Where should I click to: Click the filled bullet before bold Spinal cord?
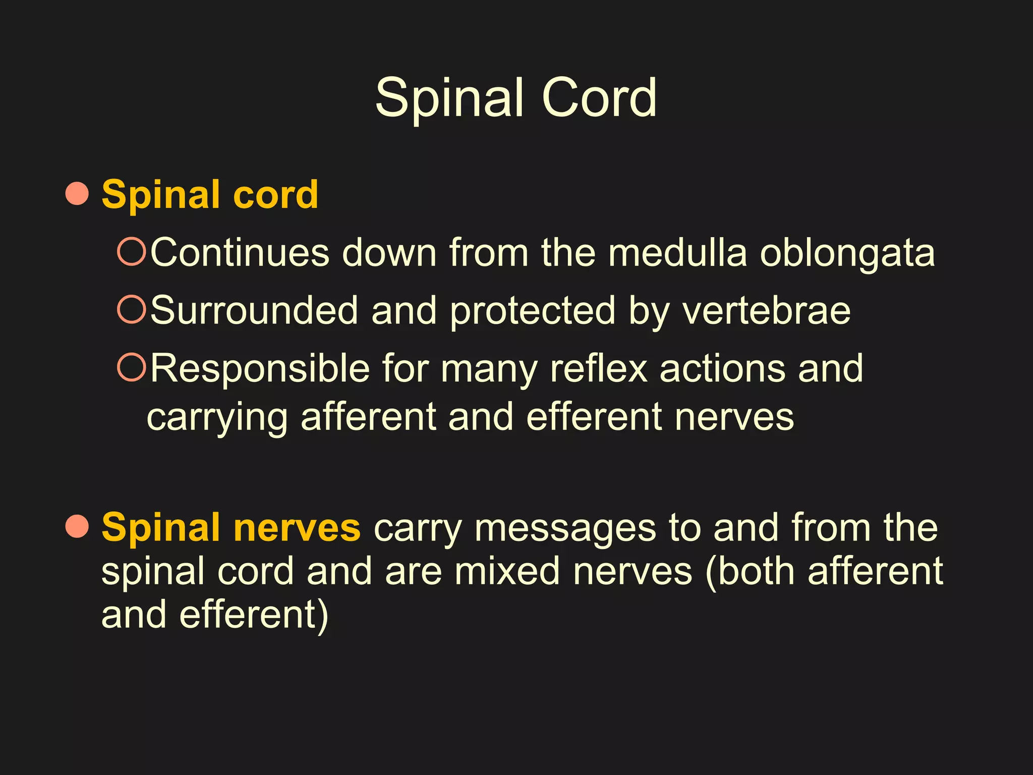point(77,194)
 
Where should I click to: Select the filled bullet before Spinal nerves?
point(77,526)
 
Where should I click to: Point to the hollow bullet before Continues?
point(131,251)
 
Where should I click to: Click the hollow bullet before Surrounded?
point(131,309)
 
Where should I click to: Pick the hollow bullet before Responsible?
point(131,367)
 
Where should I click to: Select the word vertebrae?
point(767,310)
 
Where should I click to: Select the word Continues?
point(240,252)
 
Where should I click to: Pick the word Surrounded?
point(254,310)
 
